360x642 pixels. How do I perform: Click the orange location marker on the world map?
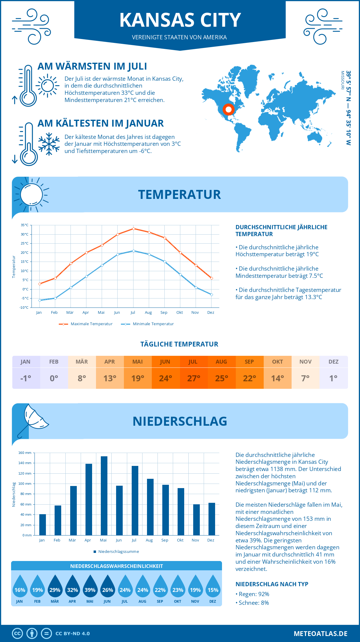point(228,109)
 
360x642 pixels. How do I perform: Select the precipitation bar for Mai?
point(104,496)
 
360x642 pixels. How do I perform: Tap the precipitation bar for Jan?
point(43,524)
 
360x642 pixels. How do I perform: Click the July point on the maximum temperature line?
point(133,229)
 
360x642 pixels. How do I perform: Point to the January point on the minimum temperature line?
point(40,300)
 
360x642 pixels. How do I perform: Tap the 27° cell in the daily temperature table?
point(193,378)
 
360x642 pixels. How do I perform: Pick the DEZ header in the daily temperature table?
point(334,362)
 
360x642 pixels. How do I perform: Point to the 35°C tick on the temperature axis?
point(25,225)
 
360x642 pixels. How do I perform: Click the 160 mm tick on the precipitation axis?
point(25,453)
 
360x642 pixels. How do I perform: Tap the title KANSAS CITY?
point(180,20)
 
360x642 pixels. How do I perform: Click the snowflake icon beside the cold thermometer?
point(49,144)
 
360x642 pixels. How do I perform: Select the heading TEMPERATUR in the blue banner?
point(179,194)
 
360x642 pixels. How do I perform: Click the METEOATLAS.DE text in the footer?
point(320,634)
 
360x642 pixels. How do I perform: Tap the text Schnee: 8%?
point(253,603)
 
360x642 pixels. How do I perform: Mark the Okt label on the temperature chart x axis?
point(179,313)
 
